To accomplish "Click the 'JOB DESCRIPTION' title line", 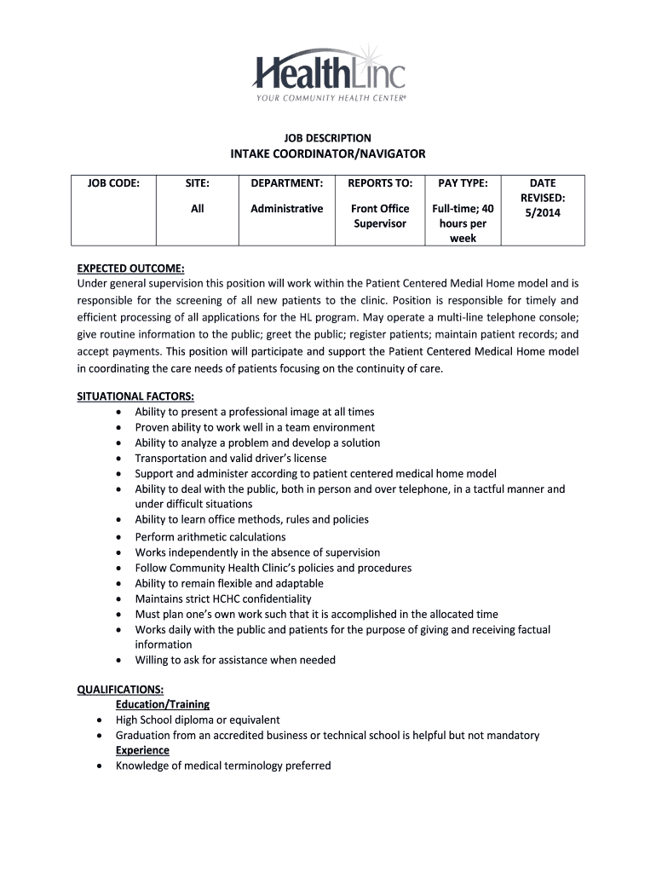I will coord(327,138).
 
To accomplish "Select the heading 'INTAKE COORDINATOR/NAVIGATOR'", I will coord(327,153).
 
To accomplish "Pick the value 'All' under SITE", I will coord(198,209).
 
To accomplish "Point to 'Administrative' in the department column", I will coord(286,209).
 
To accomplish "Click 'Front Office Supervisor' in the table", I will coord(380,216).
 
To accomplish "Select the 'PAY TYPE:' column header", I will coord(463,183).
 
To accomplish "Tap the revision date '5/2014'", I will coord(543,213).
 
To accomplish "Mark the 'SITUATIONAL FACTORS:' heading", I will coord(136,396).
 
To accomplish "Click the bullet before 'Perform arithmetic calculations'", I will coord(118,538).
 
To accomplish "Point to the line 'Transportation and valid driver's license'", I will coord(230,458).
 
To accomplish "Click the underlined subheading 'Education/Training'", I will coord(163,704).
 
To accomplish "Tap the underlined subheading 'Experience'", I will coord(142,750).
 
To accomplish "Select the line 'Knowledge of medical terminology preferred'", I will coord(223,766).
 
